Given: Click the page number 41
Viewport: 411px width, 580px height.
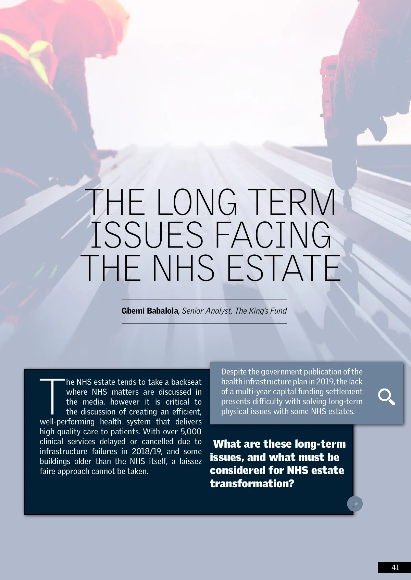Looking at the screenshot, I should pyautogui.click(x=395, y=567).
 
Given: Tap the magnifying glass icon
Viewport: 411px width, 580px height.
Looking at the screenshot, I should pyautogui.click(x=386, y=397).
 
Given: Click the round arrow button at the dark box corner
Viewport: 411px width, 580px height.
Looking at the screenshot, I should pyautogui.click(x=355, y=504).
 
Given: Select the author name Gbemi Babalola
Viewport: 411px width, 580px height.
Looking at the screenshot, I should pyautogui.click(x=150, y=311).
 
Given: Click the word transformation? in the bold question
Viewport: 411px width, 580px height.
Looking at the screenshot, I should pyautogui.click(x=252, y=484).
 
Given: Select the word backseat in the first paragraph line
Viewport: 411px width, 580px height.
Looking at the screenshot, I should pyautogui.click(x=186, y=382).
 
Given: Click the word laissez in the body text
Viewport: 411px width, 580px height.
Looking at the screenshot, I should pyautogui.click(x=190, y=461).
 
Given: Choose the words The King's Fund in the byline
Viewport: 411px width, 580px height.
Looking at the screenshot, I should pyautogui.click(x=261, y=311).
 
